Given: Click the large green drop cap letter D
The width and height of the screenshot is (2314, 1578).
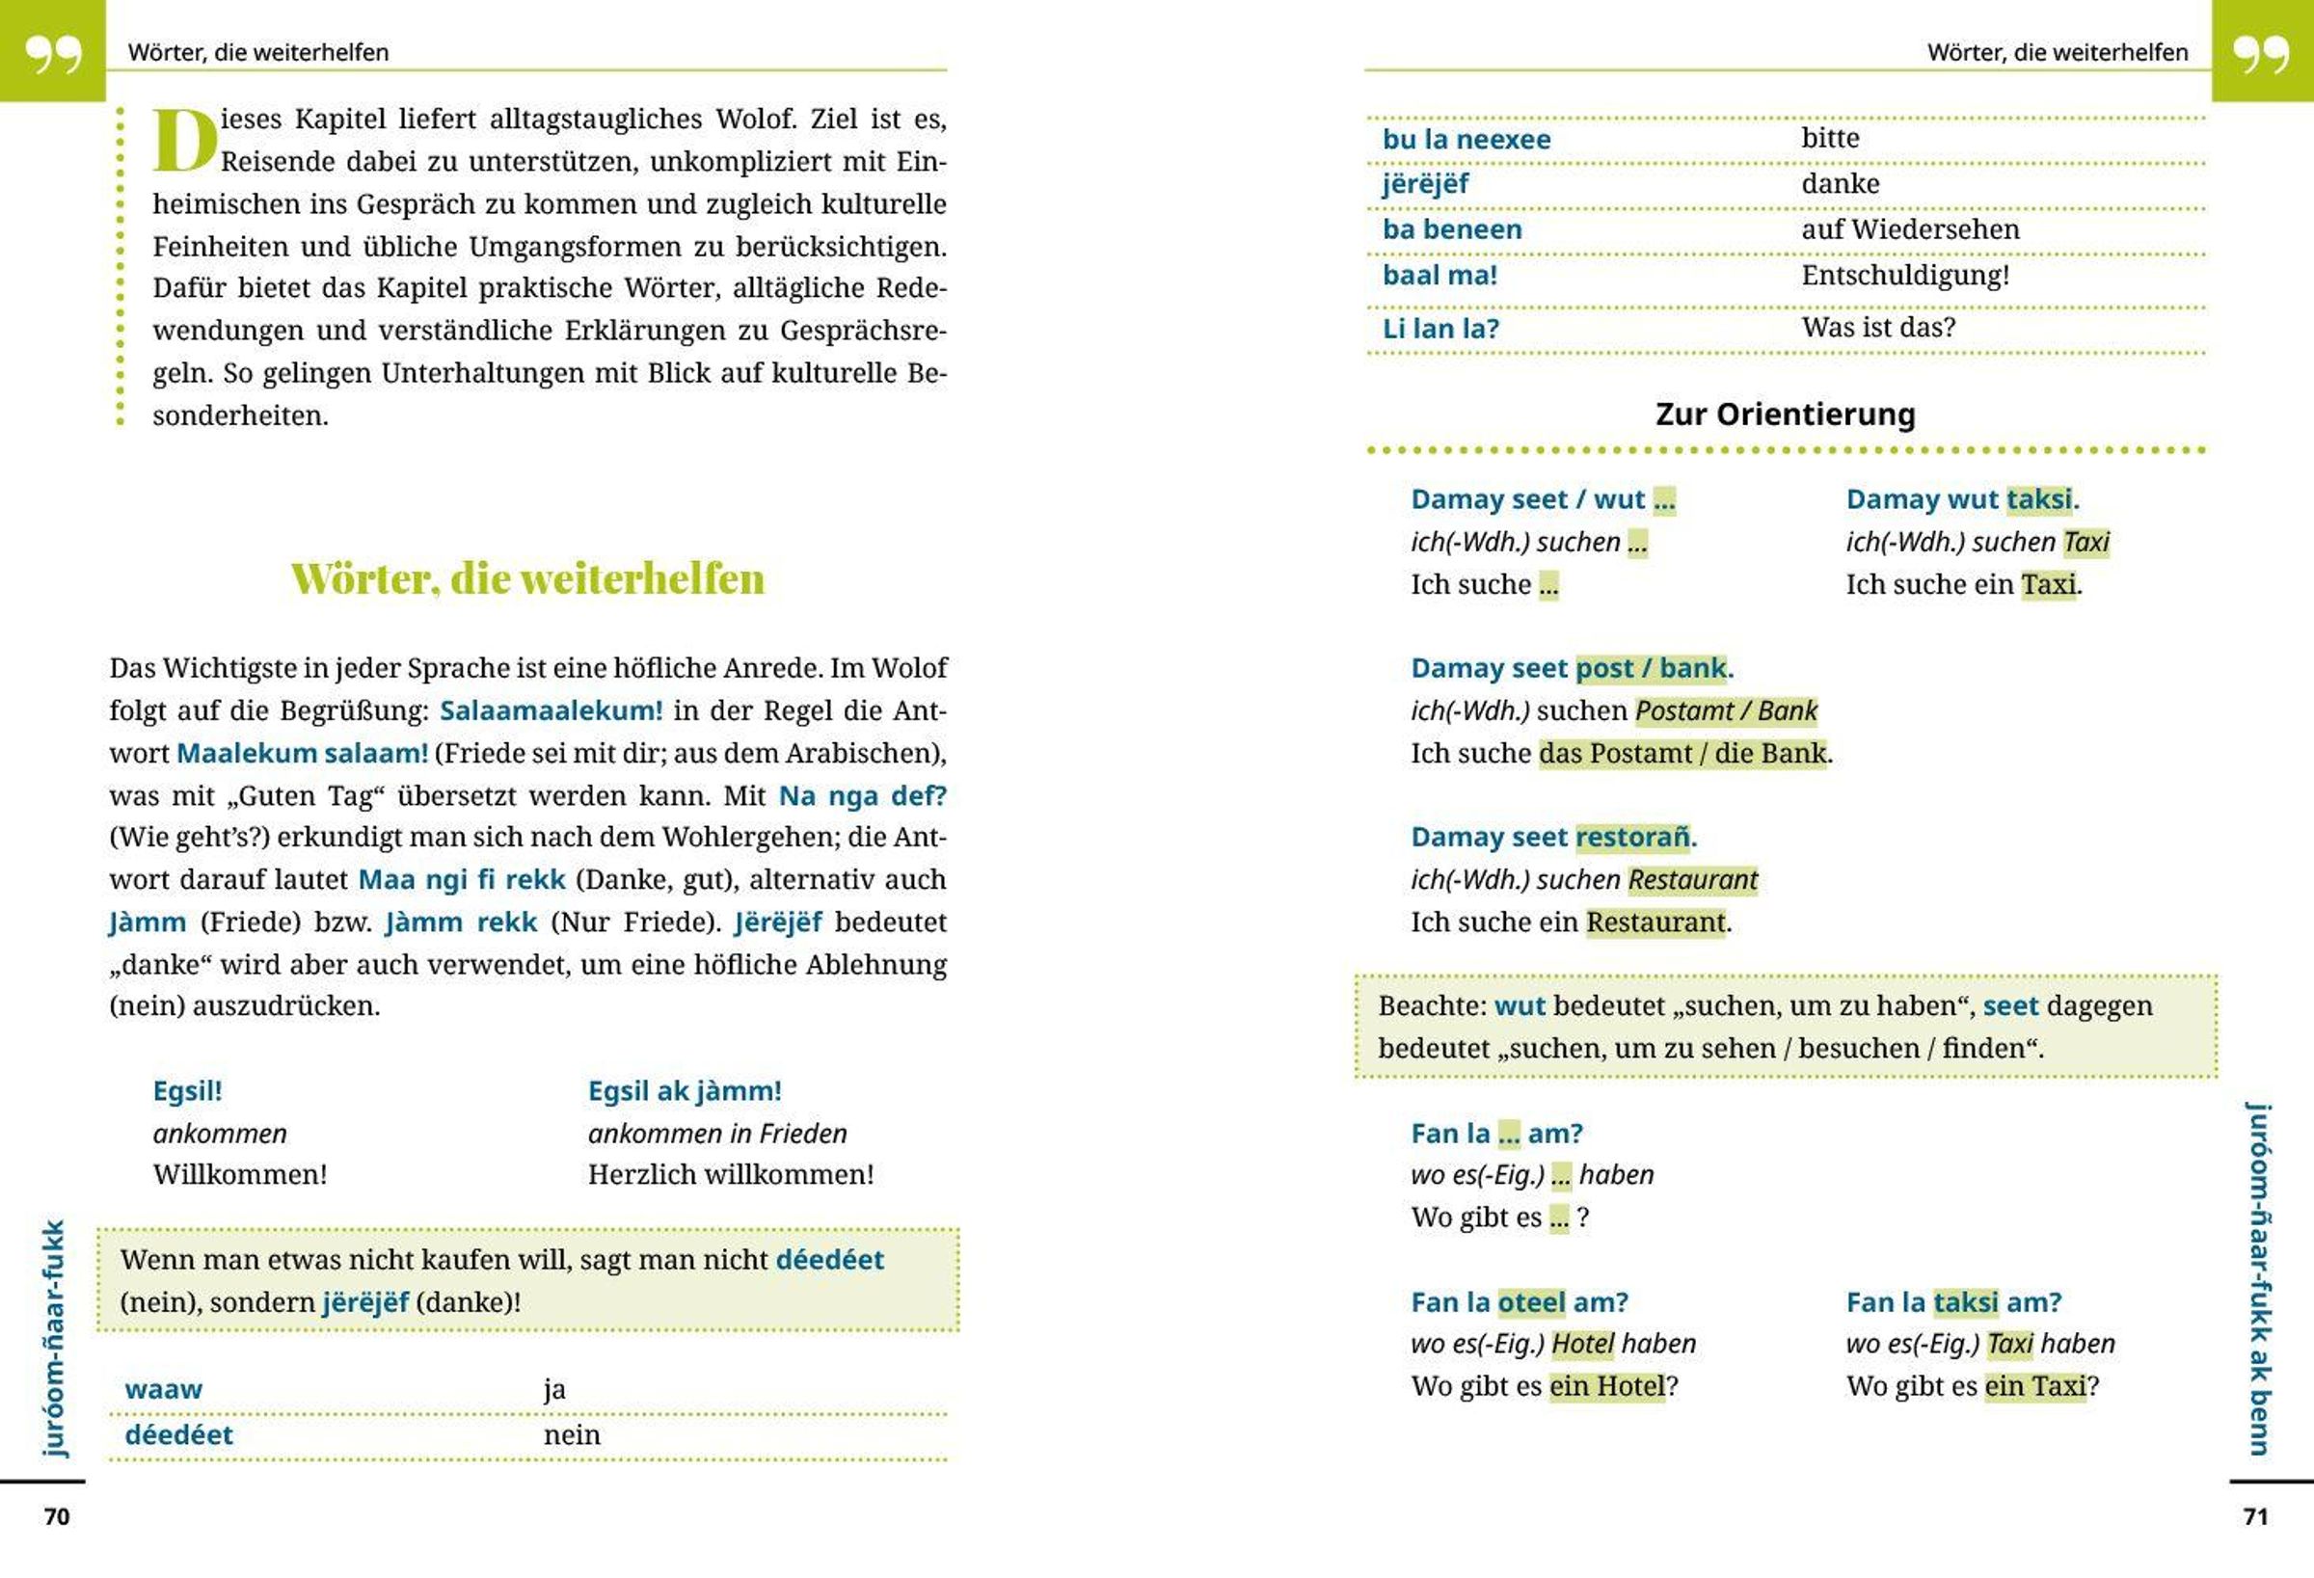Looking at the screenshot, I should pyautogui.click(x=184, y=141).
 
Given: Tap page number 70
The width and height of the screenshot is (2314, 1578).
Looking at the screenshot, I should pyautogui.click(x=57, y=1516).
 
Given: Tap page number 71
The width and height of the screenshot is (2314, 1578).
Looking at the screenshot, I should pyautogui.click(x=2255, y=1516).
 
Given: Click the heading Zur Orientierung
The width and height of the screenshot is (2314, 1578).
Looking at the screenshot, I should pyautogui.click(x=1785, y=415).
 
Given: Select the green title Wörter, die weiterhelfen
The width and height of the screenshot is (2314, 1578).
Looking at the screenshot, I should pyautogui.click(x=527, y=578).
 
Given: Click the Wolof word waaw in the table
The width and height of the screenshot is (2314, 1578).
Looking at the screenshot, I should pyautogui.click(x=163, y=1389).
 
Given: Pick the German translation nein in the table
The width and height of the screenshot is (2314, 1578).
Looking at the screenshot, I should pyautogui.click(x=572, y=1434).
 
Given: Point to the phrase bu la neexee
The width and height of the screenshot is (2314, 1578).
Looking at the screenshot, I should pyautogui.click(x=1466, y=140).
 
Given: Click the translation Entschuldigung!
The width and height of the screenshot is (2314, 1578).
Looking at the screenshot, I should pyautogui.click(x=1905, y=275).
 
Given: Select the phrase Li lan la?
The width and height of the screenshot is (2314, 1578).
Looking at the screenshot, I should pyautogui.click(x=1440, y=329).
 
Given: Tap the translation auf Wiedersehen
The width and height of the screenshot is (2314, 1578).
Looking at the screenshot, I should pyautogui.click(x=1910, y=229).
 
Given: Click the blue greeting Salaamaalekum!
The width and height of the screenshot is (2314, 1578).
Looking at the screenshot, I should pyautogui.click(x=551, y=710).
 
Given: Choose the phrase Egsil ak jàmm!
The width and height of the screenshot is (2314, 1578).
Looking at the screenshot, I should pyautogui.click(x=684, y=1091).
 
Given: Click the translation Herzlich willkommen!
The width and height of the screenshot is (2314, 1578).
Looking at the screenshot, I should pyautogui.click(x=730, y=1175).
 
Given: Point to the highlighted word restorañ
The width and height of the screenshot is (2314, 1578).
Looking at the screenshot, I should pyautogui.click(x=1633, y=838).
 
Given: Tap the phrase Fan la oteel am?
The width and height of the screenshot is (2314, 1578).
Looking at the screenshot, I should pyautogui.click(x=1519, y=1302).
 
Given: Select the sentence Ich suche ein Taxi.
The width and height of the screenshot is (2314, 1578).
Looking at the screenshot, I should pyautogui.click(x=1962, y=584).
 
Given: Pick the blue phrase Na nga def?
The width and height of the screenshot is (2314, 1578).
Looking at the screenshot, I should pyautogui.click(x=861, y=795).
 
